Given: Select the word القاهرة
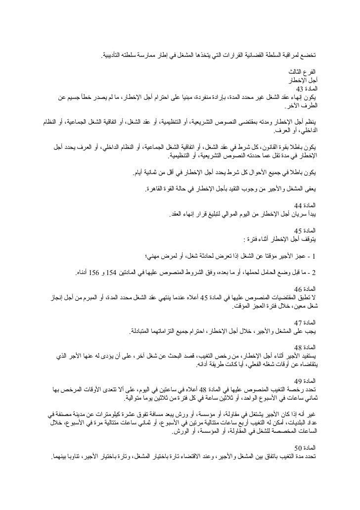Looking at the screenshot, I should tap(155, 189).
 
